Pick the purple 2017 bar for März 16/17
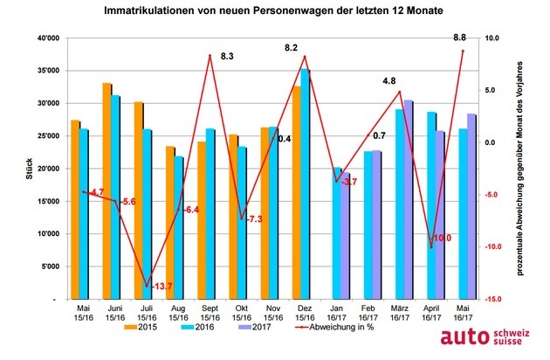(409, 199)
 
